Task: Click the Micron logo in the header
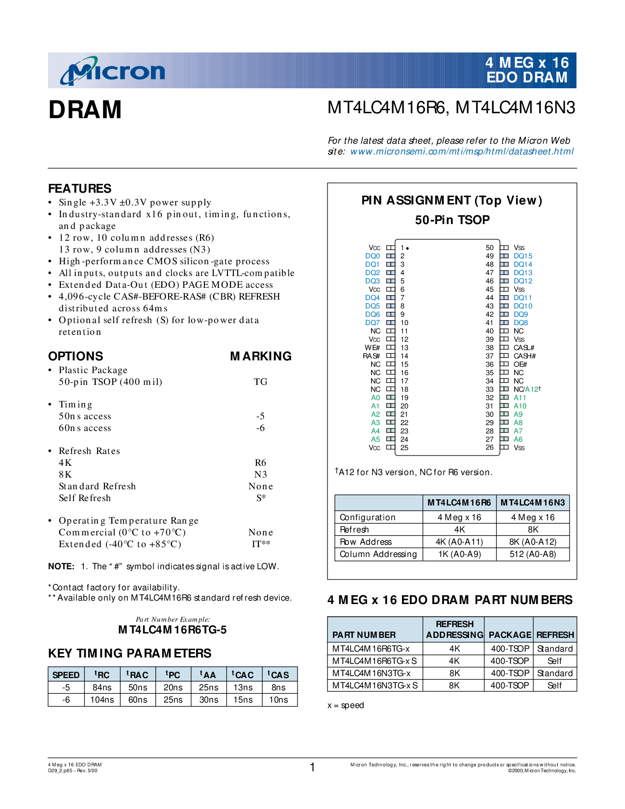(113, 72)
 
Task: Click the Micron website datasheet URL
(461, 152)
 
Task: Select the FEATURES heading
(80, 189)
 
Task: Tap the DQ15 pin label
(523, 256)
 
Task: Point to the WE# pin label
(372, 348)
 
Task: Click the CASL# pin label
(524, 348)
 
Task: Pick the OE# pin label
(520, 364)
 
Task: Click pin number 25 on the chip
(404, 448)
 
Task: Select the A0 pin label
(375, 398)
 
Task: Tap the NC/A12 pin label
(526, 389)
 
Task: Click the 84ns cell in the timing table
(102, 687)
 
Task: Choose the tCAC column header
(243, 675)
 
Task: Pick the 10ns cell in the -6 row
(278, 700)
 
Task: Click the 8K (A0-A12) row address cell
(533, 542)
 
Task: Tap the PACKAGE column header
(510, 635)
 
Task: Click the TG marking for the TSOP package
(260, 382)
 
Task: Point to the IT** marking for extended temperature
(261, 544)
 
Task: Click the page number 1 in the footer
(312, 767)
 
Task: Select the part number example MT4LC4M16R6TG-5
(173, 630)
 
